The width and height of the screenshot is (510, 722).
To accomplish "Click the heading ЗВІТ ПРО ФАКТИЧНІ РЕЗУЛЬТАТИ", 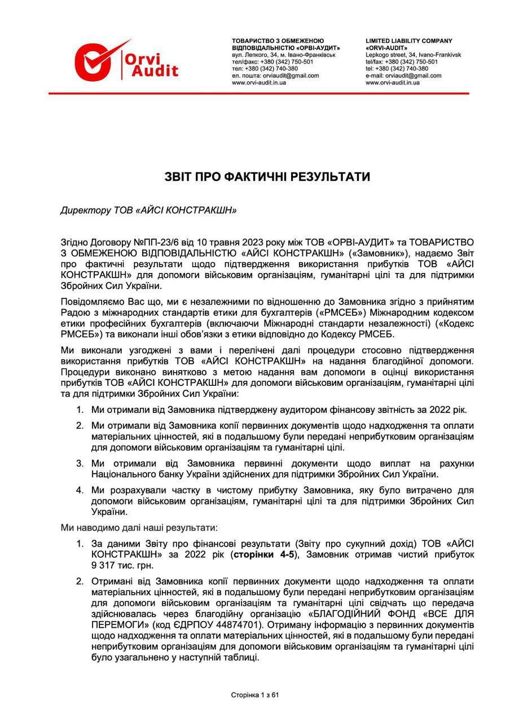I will [267, 177].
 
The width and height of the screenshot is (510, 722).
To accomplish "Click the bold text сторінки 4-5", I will [260, 554].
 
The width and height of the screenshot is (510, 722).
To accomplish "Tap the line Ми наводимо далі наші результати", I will [139, 529].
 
